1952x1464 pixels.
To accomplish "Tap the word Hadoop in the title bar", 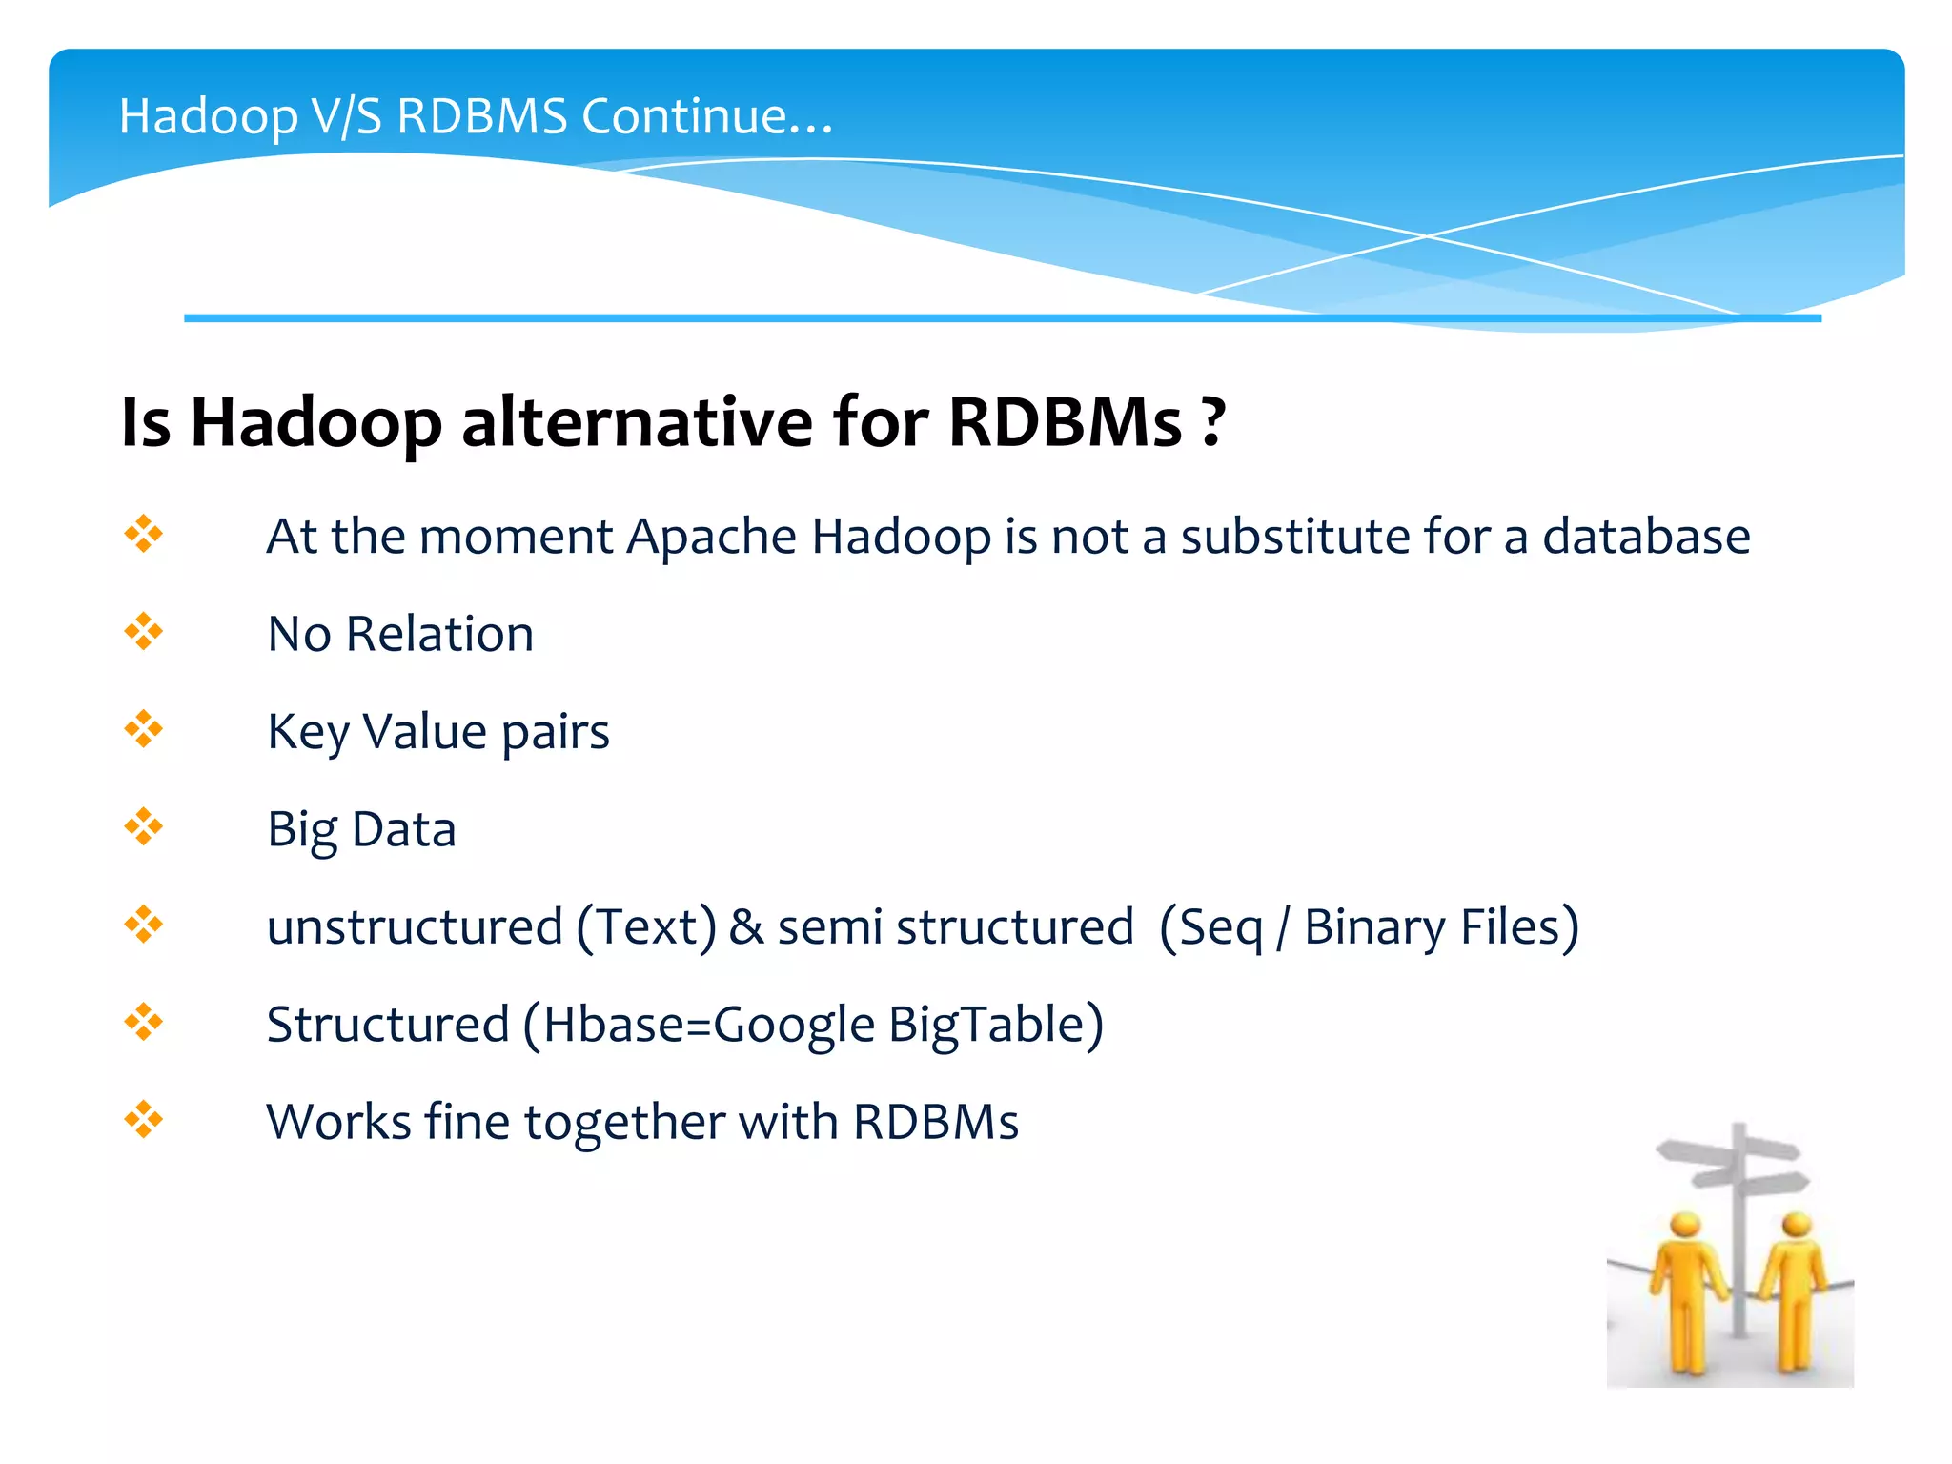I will coord(208,118).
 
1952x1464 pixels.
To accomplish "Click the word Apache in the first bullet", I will coord(711,537).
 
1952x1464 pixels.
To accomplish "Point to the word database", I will coord(1646,537).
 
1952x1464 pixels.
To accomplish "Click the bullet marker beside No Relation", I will coord(144,632).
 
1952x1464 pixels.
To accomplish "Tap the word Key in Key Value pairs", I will coord(308,733).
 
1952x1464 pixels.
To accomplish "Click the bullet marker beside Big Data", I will coord(144,827).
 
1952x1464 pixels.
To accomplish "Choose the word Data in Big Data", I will coord(403,829).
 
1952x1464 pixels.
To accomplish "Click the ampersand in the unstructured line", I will coord(746,927).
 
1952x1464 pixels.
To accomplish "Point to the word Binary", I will coord(1373,927).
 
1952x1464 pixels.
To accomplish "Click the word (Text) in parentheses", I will coord(646,927).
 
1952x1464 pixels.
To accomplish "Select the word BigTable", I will coord(996,1026).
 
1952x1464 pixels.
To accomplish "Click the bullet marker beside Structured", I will coord(144,1023).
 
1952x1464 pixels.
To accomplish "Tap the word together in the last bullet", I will coord(623,1123).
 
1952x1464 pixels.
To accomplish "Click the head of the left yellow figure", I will coord(1685,1226).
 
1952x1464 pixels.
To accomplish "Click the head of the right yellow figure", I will coord(1796,1224).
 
